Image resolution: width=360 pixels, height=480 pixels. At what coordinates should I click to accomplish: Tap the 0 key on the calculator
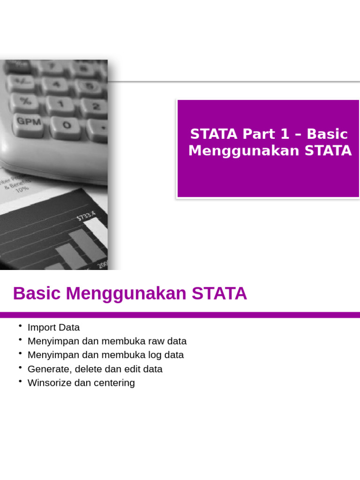click(67, 125)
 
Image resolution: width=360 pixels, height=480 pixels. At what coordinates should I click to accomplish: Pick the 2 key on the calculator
click(95, 107)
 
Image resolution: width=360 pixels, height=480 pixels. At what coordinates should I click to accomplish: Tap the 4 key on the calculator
click(56, 84)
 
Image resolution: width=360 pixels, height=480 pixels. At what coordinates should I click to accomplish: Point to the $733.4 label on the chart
click(86, 216)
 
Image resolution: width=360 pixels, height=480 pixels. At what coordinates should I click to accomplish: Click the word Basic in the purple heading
click(328, 134)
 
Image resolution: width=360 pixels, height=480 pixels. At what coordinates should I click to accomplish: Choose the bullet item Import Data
click(53, 327)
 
